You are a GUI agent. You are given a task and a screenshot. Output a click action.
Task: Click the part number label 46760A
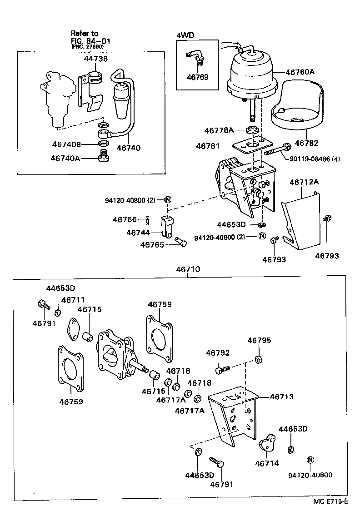tap(300, 72)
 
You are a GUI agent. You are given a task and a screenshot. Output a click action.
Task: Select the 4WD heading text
tap(185, 35)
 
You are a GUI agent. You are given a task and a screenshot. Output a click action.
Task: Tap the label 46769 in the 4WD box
tap(197, 77)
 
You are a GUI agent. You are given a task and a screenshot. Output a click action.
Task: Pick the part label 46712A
tap(304, 182)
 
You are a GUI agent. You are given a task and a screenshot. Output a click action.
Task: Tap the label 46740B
tap(66, 145)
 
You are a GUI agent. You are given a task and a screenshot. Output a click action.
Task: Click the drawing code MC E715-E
tap(330, 501)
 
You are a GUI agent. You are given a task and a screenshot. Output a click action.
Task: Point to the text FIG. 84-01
tap(90, 40)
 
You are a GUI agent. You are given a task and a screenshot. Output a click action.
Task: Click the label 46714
tap(266, 463)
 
